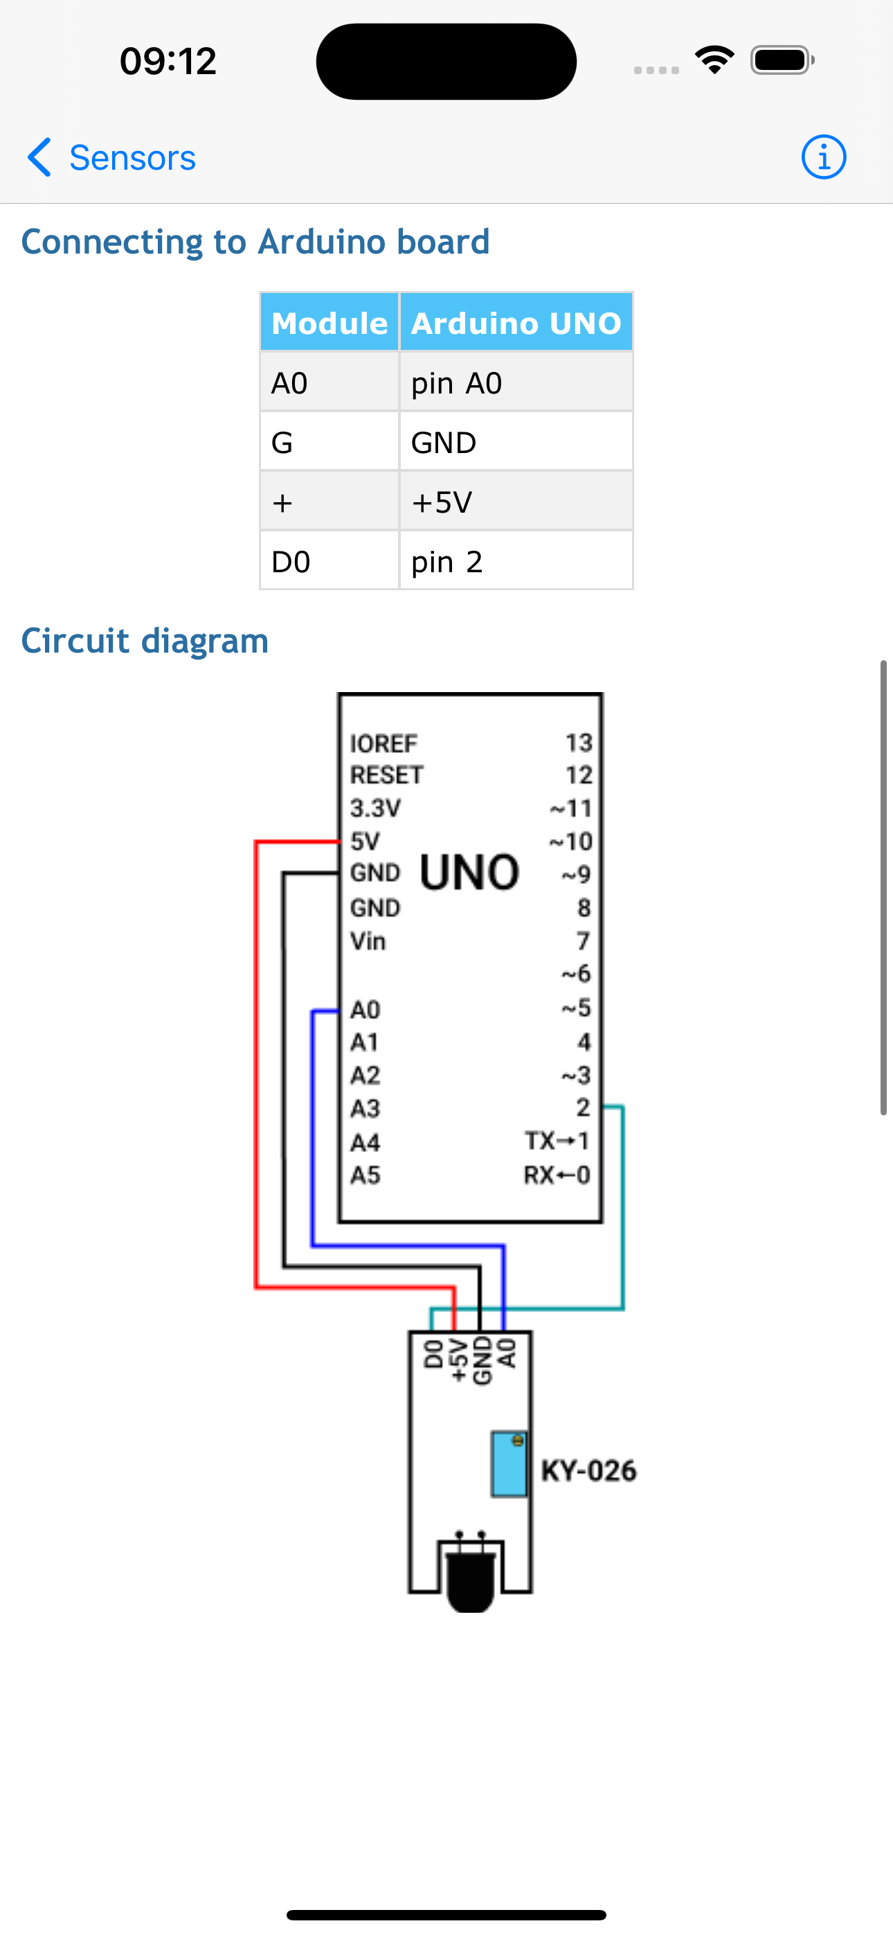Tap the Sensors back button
(111, 158)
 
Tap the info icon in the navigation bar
(823, 158)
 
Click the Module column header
(330, 323)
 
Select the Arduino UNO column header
(516, 323)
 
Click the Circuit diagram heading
(145, 641)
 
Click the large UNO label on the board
(470, 872)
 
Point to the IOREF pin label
(384, 743)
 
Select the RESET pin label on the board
(386, 775)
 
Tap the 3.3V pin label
(375, 808)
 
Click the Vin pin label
(368, 941)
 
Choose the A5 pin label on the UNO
(366, 1175)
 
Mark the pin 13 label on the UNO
(579, 743)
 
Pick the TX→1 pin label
(557, 1142)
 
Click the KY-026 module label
(588, 1471)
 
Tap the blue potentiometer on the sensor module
(509, 1464)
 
